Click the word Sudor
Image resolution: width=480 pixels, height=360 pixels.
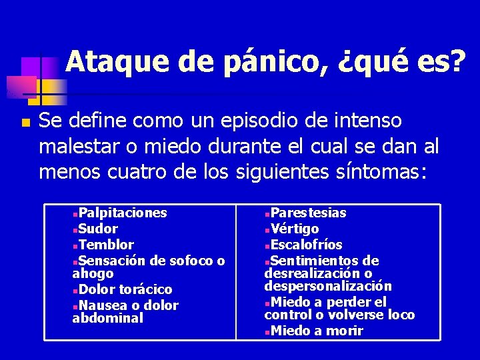click(98, 229)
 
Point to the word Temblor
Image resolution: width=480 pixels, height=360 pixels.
click(106, 245)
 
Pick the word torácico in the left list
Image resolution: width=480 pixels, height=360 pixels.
click(145, 289)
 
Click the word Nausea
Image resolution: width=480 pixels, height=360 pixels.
click(104, 305)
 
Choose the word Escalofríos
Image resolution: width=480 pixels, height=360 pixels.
click(307, 245)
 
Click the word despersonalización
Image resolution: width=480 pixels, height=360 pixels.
click(328, 286)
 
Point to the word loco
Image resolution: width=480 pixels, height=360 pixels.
click(401, 315)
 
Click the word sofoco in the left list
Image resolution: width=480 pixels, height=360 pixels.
click(194, 261)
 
